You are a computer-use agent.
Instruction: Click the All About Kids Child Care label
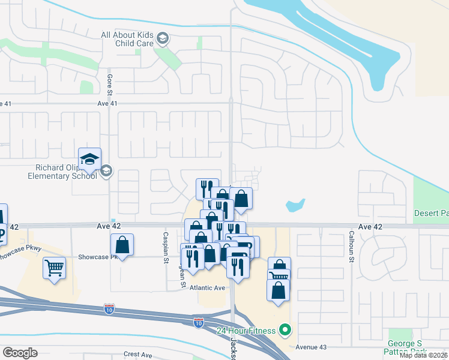click(x=127, y=40)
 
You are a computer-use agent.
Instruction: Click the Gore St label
click(x=110, y=83)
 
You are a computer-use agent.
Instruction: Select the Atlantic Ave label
click(x=207, y=288)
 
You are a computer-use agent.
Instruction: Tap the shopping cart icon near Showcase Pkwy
click(x=54, y=268)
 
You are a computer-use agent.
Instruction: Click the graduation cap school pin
click(x=89, y=159)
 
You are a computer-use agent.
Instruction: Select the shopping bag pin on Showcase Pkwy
click(x=122, y=245)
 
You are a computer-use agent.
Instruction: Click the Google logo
click(x=20, y=353)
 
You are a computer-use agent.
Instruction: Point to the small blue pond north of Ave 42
click(x=295, y=205)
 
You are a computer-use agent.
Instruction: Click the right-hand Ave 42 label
click(x=370, y=227)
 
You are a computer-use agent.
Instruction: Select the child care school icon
click(x=161, y=40)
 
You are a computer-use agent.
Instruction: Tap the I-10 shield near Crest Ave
click(x=198, y=323)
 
